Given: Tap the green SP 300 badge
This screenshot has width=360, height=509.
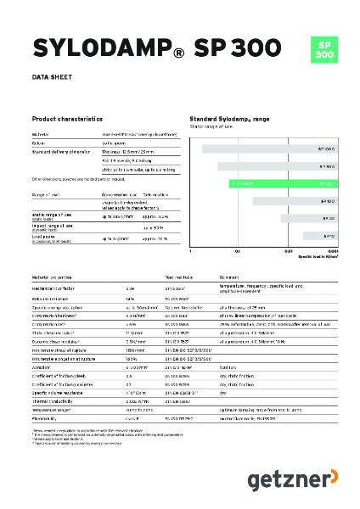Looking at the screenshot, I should pyautogui.click(x=323, y=49).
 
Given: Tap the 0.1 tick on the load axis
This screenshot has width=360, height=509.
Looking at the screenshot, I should pyautogui.click(x=238, y=252).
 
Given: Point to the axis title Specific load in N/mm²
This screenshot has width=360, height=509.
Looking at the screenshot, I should pyautogui.click(x=318, y=258).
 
